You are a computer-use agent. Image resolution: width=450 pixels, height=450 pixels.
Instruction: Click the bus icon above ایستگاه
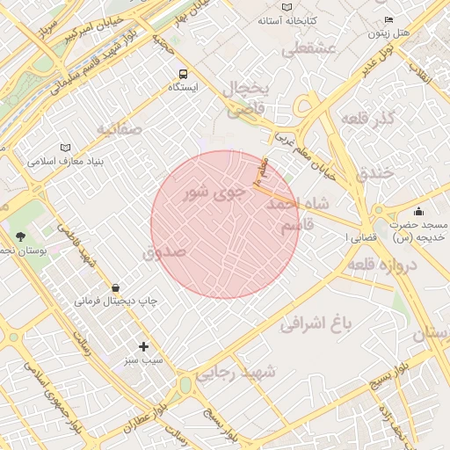coord(183,75)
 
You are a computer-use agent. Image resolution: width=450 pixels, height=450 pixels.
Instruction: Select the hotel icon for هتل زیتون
coord(389,20)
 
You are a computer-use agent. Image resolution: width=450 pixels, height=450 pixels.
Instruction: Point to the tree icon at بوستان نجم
coord(20,236)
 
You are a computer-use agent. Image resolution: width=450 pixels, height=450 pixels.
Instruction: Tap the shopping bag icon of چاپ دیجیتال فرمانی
coord(116,287)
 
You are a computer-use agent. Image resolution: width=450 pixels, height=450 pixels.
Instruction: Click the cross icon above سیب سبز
coord(143,347)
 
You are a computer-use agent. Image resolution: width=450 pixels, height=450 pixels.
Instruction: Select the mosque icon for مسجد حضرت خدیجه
coord(418,211)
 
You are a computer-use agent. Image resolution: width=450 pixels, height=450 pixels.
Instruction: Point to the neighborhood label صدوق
coord(164,252)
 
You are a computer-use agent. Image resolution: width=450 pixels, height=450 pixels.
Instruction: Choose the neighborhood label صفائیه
coord(119,130)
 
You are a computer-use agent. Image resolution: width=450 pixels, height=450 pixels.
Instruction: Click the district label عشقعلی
coord(308,50)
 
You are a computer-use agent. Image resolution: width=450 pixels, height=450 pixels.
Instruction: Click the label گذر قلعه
coord(364,119)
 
